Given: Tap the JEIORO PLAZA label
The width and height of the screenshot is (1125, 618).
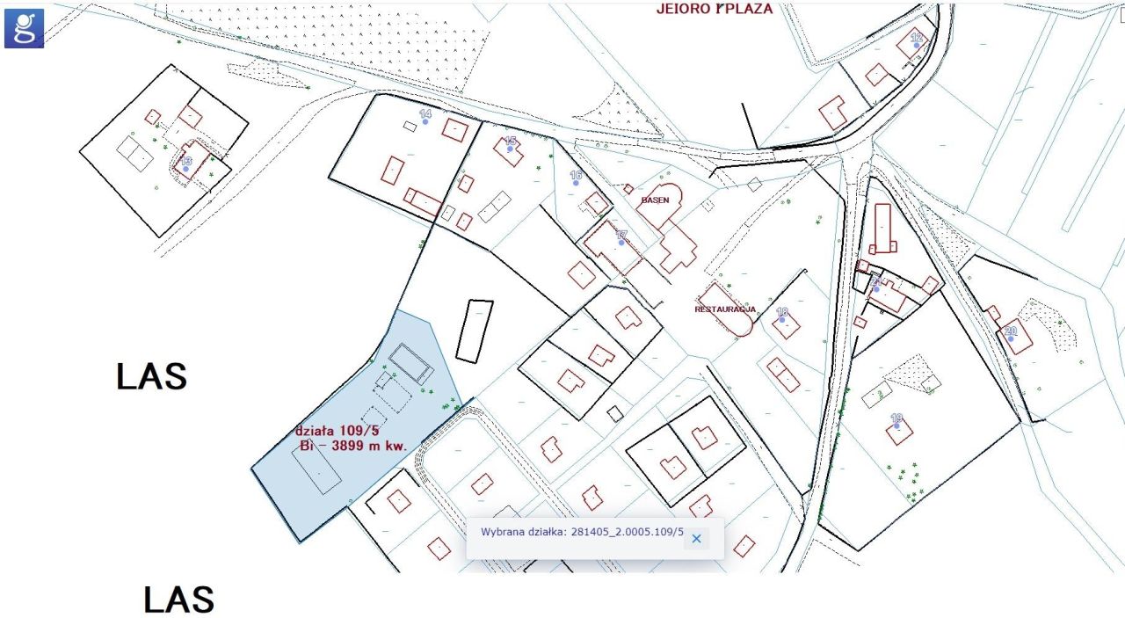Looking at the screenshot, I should (x=715, y=9).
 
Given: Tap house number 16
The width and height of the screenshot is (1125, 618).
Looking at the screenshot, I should (x=576, y=176).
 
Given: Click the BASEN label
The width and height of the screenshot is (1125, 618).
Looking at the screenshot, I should (x=655, y=200).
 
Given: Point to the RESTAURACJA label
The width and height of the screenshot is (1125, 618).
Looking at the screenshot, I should (x=725, y=309).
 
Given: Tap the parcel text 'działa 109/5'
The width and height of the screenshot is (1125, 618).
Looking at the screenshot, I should (x=337, y=431).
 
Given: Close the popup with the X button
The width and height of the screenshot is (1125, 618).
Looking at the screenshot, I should (x=696, y=539).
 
